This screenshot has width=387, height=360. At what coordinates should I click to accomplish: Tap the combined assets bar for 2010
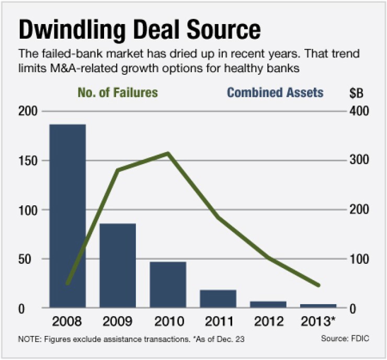(168, 284)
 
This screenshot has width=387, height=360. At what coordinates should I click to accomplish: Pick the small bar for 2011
(218, 298)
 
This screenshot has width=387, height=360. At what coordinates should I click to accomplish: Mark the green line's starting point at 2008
(68, 284)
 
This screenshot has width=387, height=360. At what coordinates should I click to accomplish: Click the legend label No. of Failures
(118, 93)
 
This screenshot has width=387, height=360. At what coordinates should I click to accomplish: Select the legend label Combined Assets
(275, 93)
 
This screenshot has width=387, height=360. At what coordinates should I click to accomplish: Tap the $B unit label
(357, 93)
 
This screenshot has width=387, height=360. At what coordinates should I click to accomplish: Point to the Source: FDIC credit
(345, 339)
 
